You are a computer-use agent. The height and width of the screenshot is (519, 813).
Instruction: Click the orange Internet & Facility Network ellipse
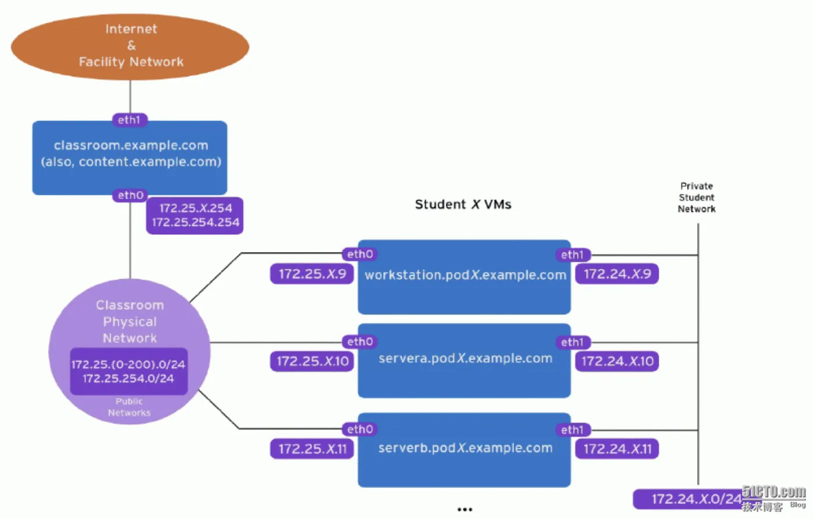point(130,46)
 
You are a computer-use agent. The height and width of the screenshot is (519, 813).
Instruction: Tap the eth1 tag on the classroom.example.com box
point(129,120)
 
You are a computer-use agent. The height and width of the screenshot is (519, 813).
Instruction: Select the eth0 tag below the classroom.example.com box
point(130,195)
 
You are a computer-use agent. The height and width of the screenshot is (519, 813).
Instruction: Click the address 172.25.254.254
point(195,222)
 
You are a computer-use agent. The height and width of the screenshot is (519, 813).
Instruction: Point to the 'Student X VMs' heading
point(463,205)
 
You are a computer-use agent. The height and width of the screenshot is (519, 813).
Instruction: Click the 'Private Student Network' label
point(696,198)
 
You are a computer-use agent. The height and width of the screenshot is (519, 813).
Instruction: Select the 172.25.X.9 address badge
point(312,274)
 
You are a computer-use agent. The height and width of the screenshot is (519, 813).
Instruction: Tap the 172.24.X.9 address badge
point(617,274)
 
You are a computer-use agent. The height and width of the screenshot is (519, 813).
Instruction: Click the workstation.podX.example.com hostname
point(465,275)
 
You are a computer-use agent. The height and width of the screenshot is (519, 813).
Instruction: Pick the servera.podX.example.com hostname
point(465,359)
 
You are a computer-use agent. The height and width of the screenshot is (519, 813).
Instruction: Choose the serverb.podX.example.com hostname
point(465,448)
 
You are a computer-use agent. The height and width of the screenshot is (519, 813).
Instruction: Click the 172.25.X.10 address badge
point(312,361)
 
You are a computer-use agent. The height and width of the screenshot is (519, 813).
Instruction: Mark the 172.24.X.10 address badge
point(617,361)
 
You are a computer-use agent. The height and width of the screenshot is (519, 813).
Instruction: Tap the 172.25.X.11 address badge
point(312,449)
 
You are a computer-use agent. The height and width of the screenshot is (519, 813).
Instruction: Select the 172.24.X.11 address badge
point(617,449)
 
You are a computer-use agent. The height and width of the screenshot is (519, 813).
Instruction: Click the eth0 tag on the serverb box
point(359,429)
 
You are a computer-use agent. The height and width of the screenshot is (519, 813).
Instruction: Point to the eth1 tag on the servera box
point(573,342)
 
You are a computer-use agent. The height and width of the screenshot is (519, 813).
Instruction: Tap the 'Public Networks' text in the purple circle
point(129,407)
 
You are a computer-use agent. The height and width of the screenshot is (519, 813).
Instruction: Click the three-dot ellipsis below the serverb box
point(465,510)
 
